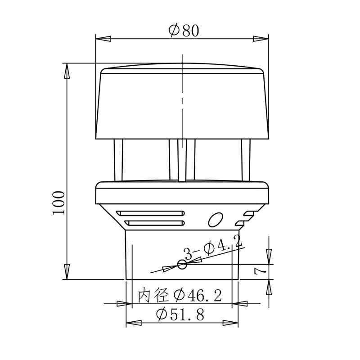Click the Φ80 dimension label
click(x=184, y=31)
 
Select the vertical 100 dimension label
click(x=59, y=203)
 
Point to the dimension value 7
click(x=260, y=272)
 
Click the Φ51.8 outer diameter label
click(x=180, y=314)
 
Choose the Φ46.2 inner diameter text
click(x=198, y=296)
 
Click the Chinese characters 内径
click(x=153, y=295)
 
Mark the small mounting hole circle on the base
click(x=182, y=265)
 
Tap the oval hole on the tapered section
click(x=216, y=220)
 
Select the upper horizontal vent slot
click(x=150, y=213)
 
